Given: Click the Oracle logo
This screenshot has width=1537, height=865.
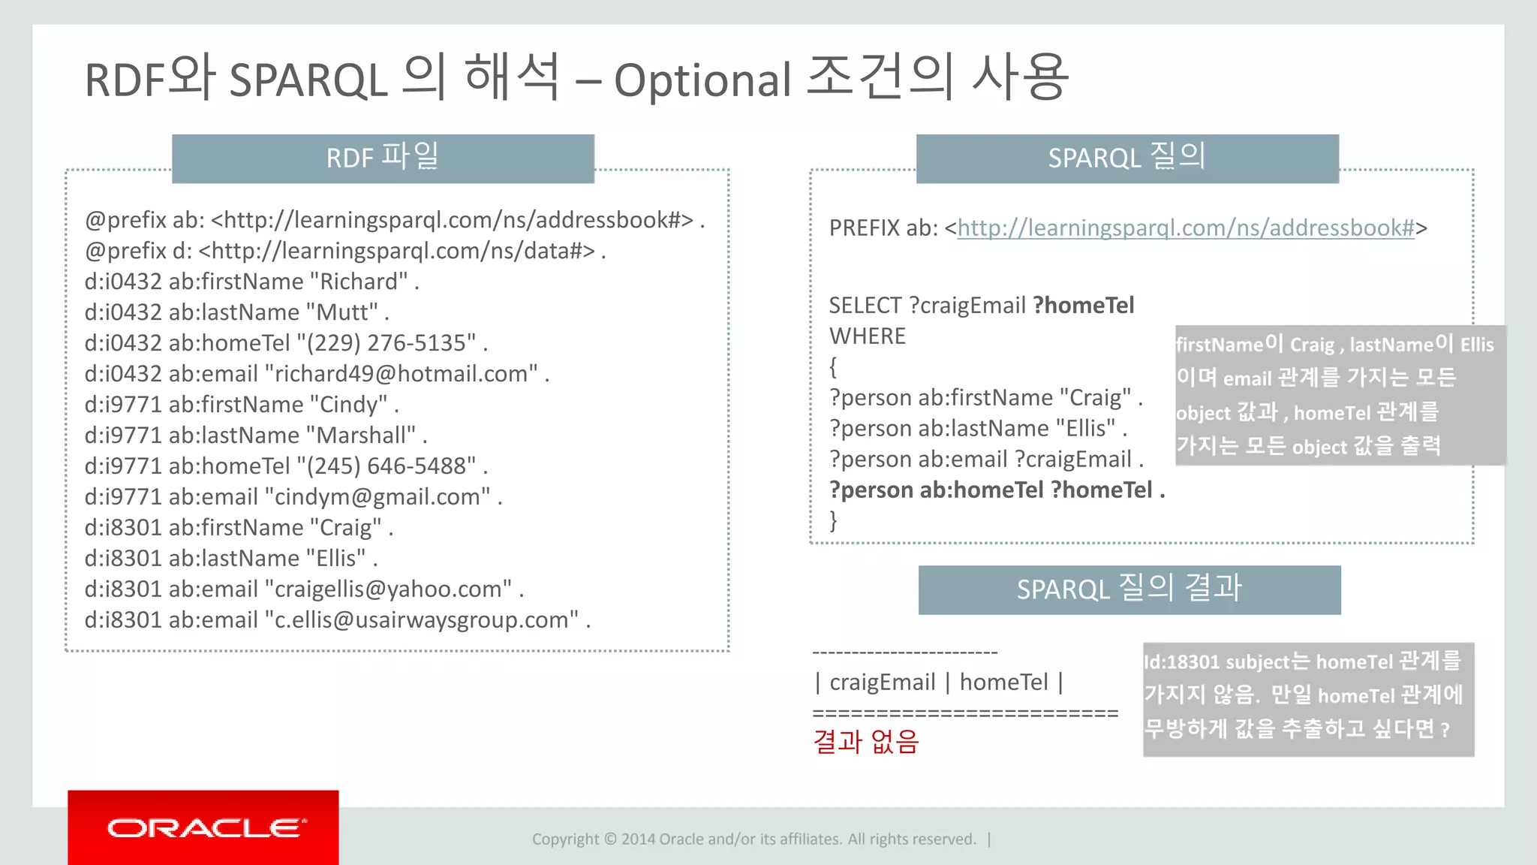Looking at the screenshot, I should [x=206, y=828].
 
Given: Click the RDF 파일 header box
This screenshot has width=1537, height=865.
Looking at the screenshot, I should [x=383, y=158].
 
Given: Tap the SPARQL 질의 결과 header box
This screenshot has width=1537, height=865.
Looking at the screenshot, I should [x=1129, y=589].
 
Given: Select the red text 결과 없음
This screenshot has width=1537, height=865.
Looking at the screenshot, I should [x=866, y=742].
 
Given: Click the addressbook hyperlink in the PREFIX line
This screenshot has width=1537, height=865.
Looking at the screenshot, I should [x=1186, y=228].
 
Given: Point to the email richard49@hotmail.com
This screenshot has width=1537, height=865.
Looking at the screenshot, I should [x=405, y=373].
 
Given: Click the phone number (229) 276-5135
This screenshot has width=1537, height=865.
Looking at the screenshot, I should [x=387, y=342].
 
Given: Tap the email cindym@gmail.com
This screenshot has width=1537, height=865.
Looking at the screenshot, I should [x=378, y=496].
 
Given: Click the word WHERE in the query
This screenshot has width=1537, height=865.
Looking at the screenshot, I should [x=867, y=336].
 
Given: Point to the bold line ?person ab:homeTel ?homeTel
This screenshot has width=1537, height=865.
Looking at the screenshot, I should [x=997, y=490].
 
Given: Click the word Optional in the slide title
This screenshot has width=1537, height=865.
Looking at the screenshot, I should [x=702, y=80].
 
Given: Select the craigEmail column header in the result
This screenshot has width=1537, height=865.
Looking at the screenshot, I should [x=882, y=682].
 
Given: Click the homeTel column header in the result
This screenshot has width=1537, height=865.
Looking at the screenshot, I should [x=1003, y=682].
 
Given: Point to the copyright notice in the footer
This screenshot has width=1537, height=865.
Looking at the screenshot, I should [x=754, y=839].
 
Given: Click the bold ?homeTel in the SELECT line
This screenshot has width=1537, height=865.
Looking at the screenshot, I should [x=1083, y=305].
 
